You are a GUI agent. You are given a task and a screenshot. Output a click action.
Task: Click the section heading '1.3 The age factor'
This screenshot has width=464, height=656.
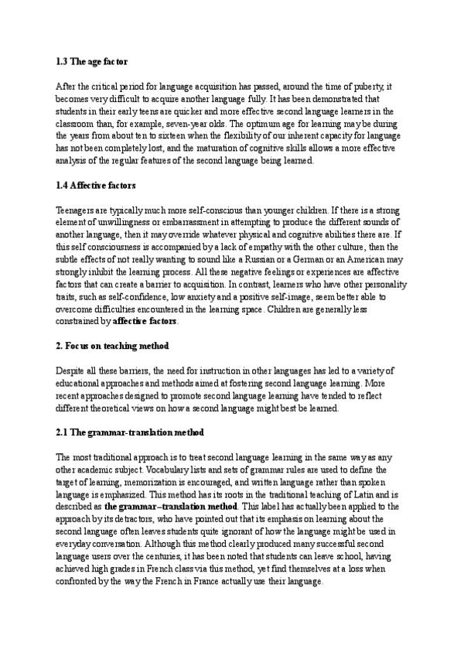tap(92, 60)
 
